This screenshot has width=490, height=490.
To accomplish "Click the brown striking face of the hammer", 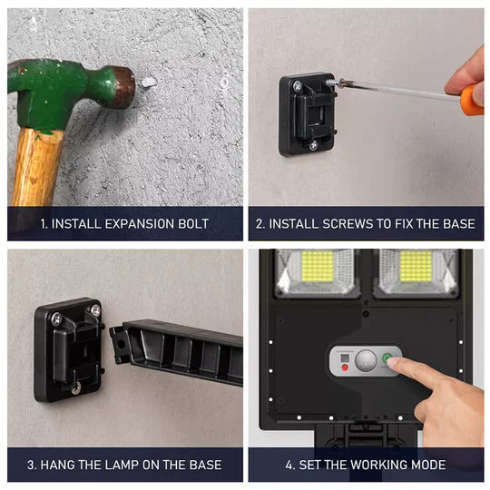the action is point(123,87).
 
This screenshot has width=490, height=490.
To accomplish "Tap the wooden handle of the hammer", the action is point(36,167).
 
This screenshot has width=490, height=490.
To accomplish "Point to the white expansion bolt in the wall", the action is point(149,83).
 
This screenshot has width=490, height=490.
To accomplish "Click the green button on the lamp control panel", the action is point(387,358).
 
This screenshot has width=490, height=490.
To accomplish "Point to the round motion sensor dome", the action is point(365,361).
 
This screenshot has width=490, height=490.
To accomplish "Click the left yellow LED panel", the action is point(318,265).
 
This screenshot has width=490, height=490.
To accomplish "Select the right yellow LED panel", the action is point(416,265).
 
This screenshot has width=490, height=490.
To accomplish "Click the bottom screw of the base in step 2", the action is point(312,144).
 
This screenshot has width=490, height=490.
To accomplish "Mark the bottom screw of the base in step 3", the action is point(76,388).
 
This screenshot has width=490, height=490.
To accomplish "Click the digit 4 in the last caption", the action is point(289,465).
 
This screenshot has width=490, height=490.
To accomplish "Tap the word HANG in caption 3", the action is point(58,465).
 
